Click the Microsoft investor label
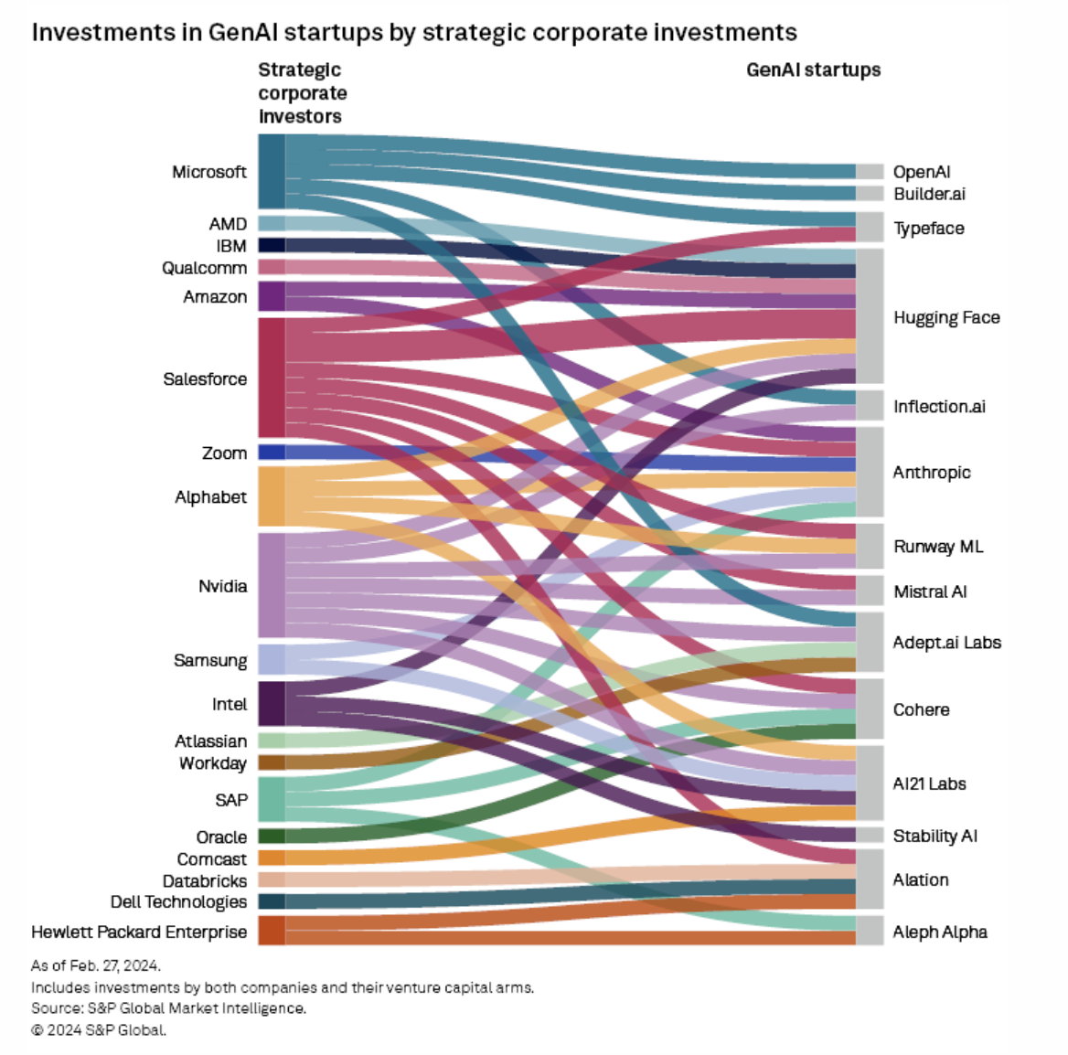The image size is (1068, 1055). (x=208, y=172)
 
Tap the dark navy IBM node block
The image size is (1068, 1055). (x=272, y=245)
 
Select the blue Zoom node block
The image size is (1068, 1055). (x=272, y=452)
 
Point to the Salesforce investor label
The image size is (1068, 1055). (x=205, y=378)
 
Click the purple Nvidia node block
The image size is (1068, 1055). (x=272, y=585)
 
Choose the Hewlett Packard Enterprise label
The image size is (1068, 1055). (x=139, y=932)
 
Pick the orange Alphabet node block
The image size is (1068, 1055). (x=272, y=496)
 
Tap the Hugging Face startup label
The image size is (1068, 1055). (x=946, y=317)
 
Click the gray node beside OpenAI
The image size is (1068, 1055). (x=870, y=172)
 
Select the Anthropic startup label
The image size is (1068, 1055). (x=932, y=472)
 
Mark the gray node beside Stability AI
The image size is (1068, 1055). (x=870, y=835)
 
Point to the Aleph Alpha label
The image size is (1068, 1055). (x=940, y=932)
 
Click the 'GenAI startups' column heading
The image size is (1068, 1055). (x=813, y=70)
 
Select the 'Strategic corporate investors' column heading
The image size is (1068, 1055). (x=302, y=93)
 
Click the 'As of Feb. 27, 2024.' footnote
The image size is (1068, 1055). (x=96, y=965)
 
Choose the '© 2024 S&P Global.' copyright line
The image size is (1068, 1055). (x=99, y=1029)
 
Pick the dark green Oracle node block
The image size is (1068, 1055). (x=272, y=836)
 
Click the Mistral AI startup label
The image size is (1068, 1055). (x=930, y=591)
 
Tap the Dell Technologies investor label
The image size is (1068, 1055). (x=178, y=901)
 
